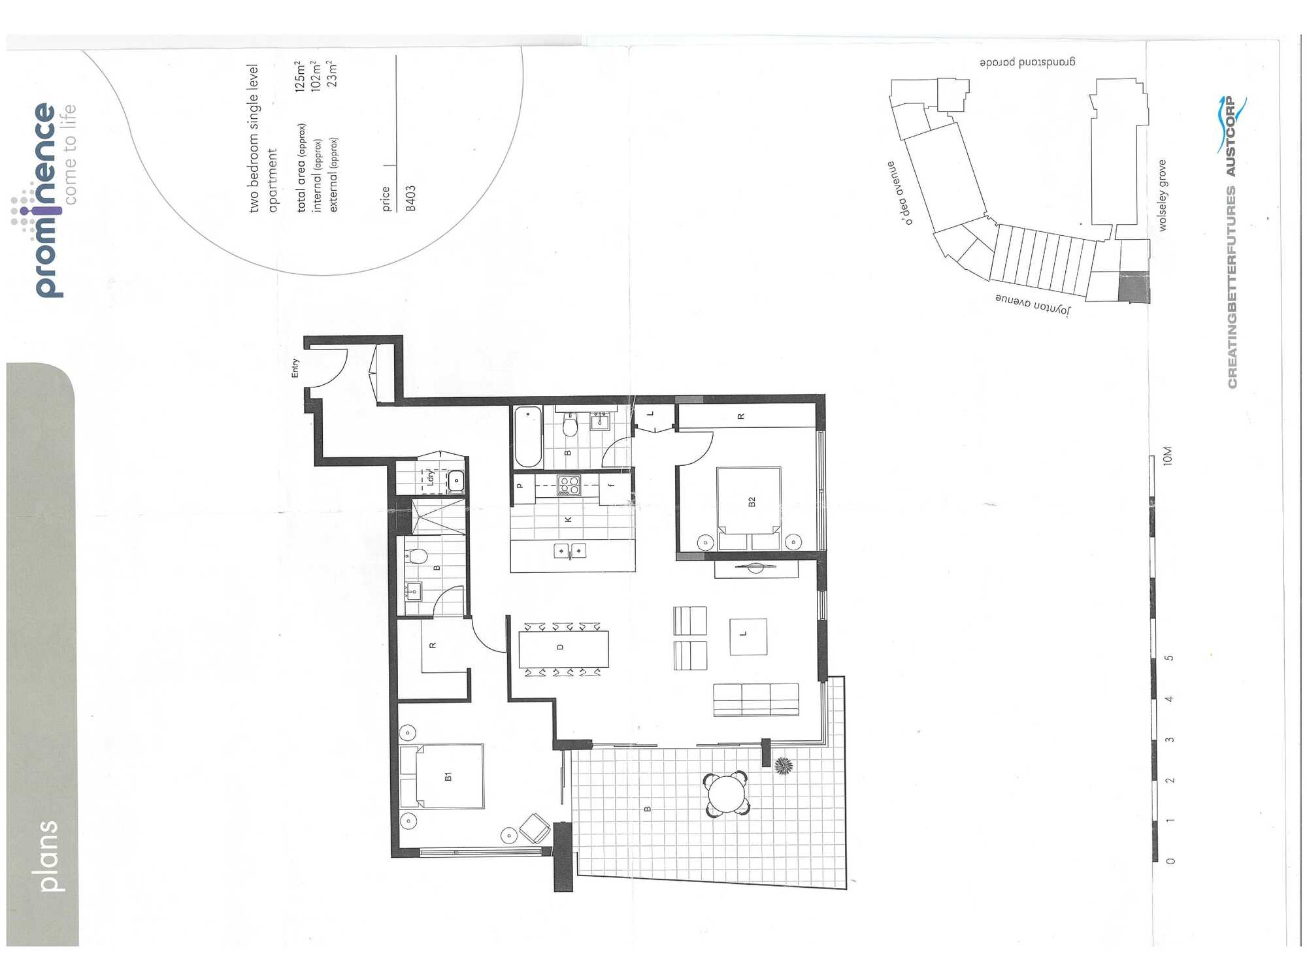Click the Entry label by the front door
[295, 368]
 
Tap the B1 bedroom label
[448, 776]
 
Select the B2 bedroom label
[752, 501]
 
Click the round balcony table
[726, 794]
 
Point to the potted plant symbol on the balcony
[783, 766]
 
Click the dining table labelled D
[564, 648]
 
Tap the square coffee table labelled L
[748, 636]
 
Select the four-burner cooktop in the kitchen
[569, 485]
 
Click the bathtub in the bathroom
[528, 436]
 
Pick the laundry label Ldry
[430, 477]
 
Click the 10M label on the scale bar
[1168, 455]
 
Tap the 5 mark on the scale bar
[1170, 657]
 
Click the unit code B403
[410, 198]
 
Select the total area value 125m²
[300, 76]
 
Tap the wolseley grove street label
[1163, 195]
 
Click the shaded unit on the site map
[1134, 287]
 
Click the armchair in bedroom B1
[535, 828]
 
